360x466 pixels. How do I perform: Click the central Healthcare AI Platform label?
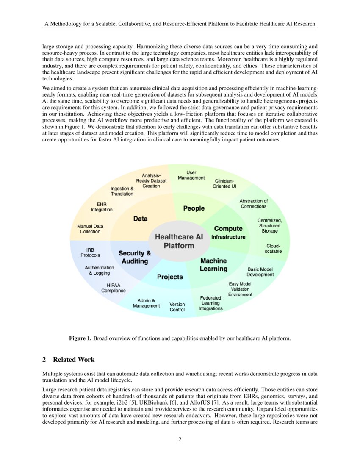coord(179,241)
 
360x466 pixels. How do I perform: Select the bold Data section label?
coord(140,219)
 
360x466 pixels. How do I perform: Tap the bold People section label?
coord(194,208)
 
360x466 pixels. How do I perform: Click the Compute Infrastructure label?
coord(228,233)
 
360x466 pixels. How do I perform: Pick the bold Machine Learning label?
coord(213,265)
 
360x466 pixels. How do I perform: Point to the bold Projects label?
coord(170,277)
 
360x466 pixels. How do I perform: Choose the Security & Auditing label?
coord(135,258)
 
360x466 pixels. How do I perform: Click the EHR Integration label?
coord(102,207)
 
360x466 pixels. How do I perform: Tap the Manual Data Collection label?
coord(90,229)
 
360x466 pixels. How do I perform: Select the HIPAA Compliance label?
coord(114,288)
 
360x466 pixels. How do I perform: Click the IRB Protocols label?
coord(90,252)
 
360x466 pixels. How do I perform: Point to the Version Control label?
coord(177,307)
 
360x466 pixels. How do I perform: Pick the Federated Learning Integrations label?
coord(210,303)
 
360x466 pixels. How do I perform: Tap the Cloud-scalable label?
coord(273,249)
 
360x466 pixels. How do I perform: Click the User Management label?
coord(191,175)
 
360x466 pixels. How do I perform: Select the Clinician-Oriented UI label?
coord(224,184)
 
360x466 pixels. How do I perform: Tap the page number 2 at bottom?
coord(180,439)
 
